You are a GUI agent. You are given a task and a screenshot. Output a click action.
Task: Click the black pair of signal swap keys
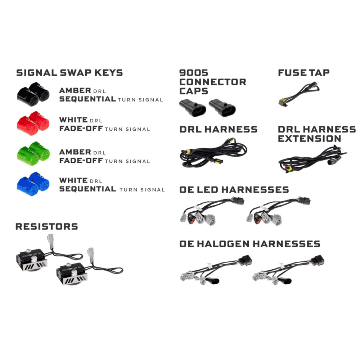33,94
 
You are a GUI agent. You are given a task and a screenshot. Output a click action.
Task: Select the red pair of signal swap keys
33,123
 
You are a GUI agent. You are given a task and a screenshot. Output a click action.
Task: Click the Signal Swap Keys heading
69,73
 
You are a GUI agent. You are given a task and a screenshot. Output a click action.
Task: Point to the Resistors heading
46,226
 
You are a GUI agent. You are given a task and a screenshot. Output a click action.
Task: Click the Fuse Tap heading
303,73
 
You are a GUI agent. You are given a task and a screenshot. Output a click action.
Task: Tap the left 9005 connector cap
192,108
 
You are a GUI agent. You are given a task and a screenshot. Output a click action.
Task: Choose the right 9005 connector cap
222,108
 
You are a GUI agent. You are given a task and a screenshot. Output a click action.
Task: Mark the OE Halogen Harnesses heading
249,244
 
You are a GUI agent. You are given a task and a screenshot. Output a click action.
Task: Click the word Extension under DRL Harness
309,139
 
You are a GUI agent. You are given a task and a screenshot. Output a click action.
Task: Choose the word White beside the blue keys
73,180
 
